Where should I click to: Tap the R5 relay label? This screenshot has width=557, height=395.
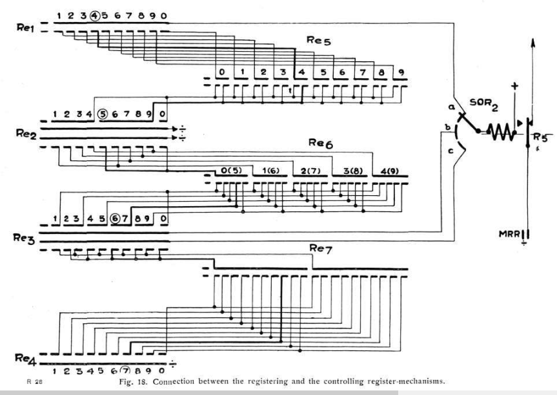coord(543,137)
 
